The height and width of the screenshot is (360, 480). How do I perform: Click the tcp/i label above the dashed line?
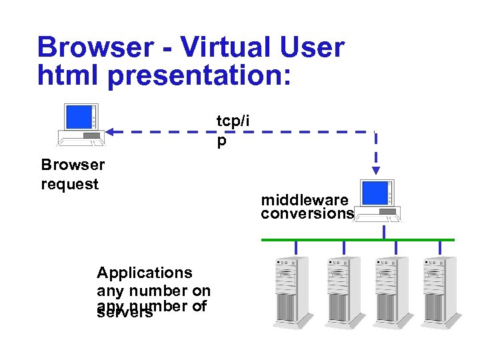233,121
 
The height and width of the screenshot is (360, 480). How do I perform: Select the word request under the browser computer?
69,184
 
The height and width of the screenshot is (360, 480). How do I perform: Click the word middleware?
304,200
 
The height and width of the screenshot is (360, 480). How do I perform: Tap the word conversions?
307,213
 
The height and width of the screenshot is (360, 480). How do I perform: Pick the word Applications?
144,273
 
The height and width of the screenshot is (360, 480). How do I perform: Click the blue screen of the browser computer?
78,117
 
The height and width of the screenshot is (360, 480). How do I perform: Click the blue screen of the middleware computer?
373,193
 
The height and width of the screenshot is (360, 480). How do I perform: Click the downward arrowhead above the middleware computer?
376,171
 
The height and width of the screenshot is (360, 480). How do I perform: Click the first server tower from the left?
292,289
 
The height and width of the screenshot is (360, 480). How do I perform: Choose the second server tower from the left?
341,289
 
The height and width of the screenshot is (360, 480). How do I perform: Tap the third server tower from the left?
391,289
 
